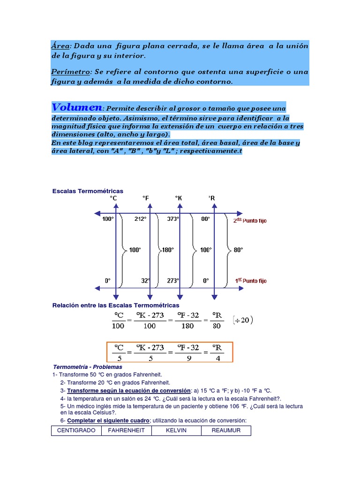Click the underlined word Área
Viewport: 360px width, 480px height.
tap(60, 46)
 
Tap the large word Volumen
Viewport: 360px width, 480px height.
tap(76, 107)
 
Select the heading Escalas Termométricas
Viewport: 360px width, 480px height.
tap(88, 191)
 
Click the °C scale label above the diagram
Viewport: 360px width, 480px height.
tap(113, 198)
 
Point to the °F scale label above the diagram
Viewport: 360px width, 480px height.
tap(146, 198)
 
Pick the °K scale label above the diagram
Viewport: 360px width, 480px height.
tap(179, 198)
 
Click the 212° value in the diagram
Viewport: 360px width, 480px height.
tap(140, 218)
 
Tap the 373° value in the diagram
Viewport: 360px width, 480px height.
tap(173, 218)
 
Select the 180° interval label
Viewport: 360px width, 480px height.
tap(168, 250)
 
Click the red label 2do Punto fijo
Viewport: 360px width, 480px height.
tap(250, 220)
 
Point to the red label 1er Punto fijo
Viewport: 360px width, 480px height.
tap(250, 281)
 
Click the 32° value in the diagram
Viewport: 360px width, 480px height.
tap(145, 281)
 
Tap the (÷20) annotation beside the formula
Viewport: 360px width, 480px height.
tap(243, 320)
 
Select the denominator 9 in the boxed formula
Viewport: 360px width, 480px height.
tap(189, 358)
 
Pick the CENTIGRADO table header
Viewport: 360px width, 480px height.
tap(76, 430)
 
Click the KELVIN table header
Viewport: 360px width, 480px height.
tap(176, 430)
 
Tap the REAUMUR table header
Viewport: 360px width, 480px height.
tap(226, 430)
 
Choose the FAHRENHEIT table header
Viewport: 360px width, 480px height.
tap(126, 430)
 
